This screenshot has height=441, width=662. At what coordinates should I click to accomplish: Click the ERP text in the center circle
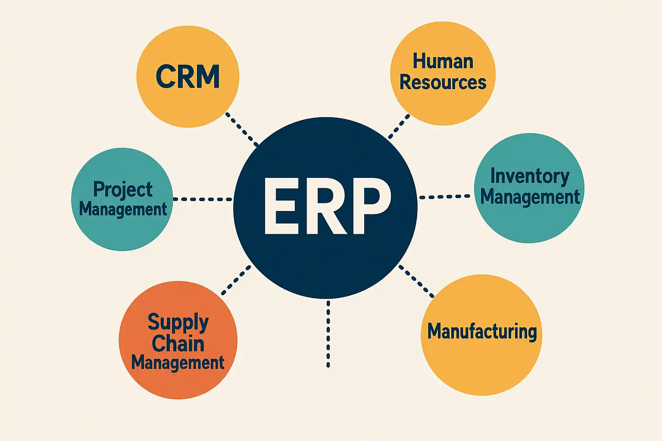327,206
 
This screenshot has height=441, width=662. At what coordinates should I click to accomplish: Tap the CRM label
187,77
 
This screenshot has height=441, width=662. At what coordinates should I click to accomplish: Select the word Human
443,61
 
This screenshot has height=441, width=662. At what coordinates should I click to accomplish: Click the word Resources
443,82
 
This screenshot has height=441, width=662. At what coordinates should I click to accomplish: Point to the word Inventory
530,176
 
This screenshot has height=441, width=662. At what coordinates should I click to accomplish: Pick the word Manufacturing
482,331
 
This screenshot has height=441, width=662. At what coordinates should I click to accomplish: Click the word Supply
178,323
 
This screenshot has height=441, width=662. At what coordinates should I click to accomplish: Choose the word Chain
178,343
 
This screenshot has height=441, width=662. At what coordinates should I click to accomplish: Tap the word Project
123,189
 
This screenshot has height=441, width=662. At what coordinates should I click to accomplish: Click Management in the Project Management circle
123,209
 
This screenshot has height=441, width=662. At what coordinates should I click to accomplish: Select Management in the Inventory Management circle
530,197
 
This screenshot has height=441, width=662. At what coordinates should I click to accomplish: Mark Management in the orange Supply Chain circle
178,362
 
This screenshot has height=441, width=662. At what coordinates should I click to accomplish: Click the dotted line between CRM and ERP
242,129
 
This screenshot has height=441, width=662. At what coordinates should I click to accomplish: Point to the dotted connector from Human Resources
399,126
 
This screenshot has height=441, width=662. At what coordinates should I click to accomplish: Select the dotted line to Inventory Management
444,197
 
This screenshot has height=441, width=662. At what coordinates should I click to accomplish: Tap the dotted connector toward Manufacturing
416,281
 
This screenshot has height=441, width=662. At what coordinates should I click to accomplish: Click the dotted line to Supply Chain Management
236,280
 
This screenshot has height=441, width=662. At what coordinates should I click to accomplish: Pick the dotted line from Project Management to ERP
203,199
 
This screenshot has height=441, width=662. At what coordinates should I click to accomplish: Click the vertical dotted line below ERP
328,334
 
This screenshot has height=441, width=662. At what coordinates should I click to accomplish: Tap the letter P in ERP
368,206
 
